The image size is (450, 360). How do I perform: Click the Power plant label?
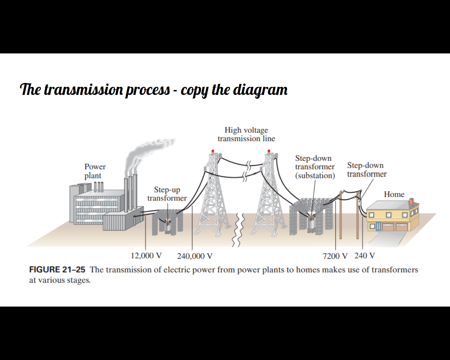[x=95, y=171]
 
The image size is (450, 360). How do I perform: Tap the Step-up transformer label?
[x=167, y=194]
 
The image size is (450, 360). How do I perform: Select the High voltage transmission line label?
[x=246, y=134]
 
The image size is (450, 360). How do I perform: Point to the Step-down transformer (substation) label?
[x=315, y=167]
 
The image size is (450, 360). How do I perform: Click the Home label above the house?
[x=394, y=194]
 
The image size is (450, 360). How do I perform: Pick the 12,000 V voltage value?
[x=146, y=256]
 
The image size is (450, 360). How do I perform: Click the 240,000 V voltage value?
[x=194, y=256]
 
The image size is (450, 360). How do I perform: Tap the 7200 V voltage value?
[x=335, y=256]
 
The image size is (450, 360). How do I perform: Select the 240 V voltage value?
[x=365, y=256]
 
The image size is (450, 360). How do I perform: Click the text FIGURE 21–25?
[x=57, y=270]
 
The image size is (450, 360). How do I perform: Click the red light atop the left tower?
[x=213, y=151]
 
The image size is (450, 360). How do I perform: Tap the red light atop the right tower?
[x=269, y=151]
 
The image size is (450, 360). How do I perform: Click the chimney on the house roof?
[x=412, y=201]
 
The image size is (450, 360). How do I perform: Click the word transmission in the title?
[x=83, y=90]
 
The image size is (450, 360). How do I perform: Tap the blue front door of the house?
[x=378, y=226]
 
